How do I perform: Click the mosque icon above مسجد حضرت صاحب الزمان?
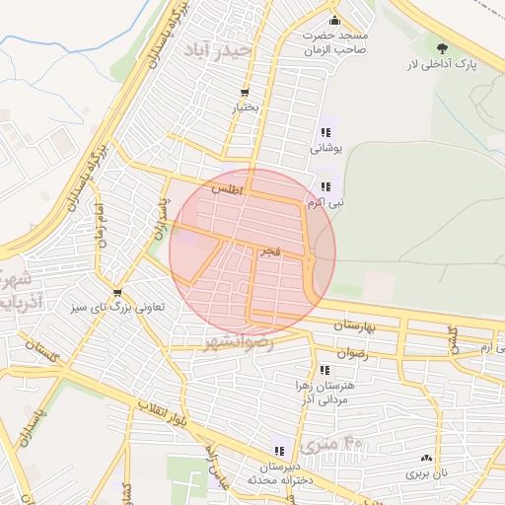[x=335, y=21]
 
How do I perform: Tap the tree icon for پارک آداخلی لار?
[x=441, y=47]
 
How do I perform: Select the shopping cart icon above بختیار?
[x=244, y=93]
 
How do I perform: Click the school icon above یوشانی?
[x=325, y=133]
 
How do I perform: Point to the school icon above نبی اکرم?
[x=325, y=185]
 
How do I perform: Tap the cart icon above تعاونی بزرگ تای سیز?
[x=118, y=293]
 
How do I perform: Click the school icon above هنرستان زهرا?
[x=325, y=370]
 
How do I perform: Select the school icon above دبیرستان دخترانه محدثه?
[x=279, y=451]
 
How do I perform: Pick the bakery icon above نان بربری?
[x=426, y=459]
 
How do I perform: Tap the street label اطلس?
[x=226, y=187]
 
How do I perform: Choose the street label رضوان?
[x=351, y=353]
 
